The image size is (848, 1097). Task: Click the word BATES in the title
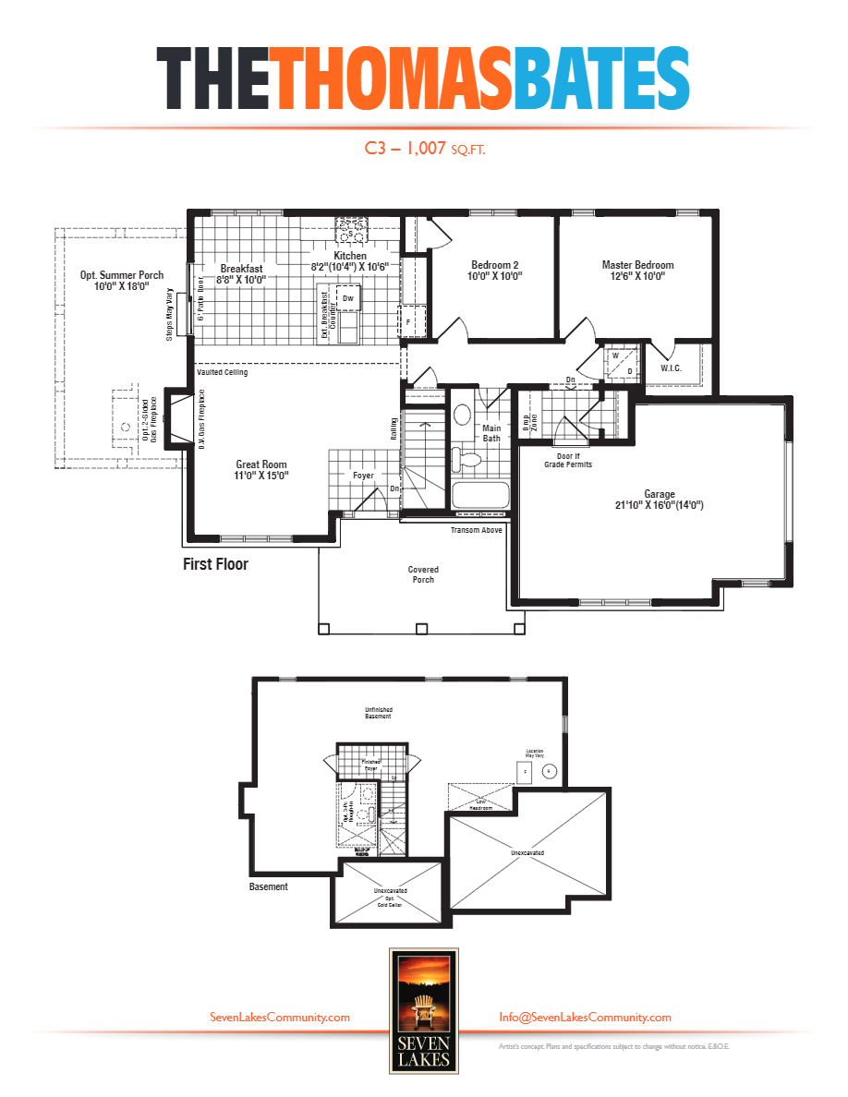click(x=601, y=79)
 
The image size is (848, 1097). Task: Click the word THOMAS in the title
click(x=393, y=79)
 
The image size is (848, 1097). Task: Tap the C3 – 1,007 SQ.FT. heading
click(x=425, y=148)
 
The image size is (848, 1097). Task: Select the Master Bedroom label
click(x=637, y=271)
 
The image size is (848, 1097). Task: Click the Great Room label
click(x=261, y=470)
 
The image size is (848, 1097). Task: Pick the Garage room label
click(x=660, y=500)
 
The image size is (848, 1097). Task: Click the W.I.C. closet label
click(x=672, y=368)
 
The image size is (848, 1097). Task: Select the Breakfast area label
click(x=241, y=273)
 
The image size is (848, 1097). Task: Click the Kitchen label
click(x=350, y=261)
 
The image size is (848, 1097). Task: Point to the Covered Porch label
click(x=423, y=574)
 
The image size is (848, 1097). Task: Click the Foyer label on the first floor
click(x=363, y=476)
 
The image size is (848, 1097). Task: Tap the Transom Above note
click(x=476, y=531)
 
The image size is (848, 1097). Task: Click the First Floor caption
click(x=215, y=564)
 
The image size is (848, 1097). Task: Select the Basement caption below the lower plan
click(x=269, y=886)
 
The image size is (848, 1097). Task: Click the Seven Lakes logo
click(x=423, y=1009)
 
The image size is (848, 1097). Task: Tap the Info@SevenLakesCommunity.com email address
click(x=585, y=1017)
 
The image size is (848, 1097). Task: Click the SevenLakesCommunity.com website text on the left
click(x=280, y=1017)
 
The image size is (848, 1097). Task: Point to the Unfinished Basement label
click(x=378, y=712)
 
